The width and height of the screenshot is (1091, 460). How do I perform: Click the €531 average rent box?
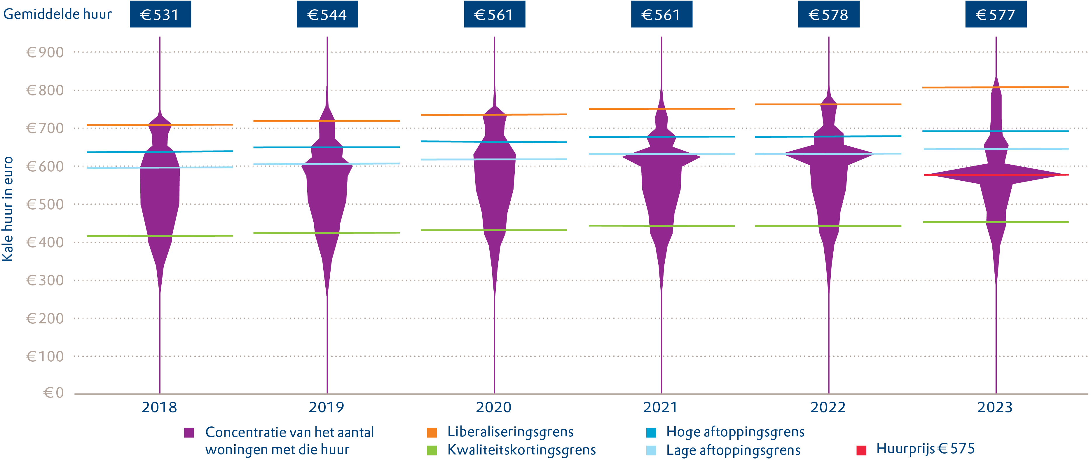160,14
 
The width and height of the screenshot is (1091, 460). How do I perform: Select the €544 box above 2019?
327,14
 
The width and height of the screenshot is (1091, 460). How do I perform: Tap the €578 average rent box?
828,14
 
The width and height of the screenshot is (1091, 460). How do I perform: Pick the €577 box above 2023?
995,14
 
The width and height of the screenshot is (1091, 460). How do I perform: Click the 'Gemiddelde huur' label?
57,14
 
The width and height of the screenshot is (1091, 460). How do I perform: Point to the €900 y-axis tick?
45,53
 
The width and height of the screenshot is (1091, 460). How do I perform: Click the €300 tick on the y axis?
45,280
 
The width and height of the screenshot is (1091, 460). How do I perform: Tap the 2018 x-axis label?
159,407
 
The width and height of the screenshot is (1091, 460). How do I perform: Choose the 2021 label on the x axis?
660,407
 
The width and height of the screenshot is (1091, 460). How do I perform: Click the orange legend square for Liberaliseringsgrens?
432,433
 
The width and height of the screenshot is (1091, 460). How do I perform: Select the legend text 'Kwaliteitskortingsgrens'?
521,450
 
